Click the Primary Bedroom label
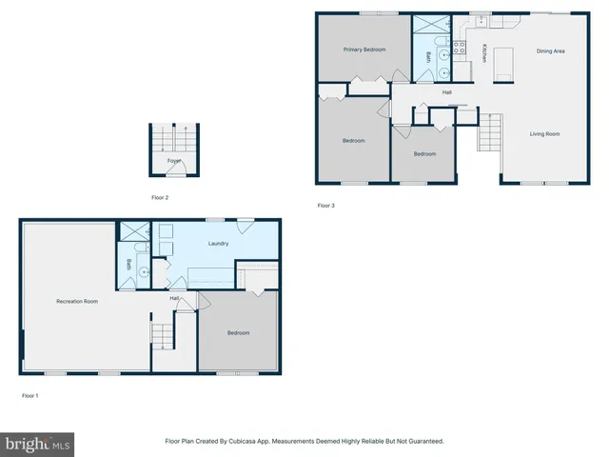pyautogui.click(x=364, y=49)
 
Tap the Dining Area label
pyautogui.click(x=551, y=50)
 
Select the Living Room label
pyautogui.click(x=544, y=134)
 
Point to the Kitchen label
pyautogui.click(x=484, y=53)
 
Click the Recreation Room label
pyautogui.click(x=77, y=301)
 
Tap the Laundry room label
pyautogui.click(x=218, y=244)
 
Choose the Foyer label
pyautogui.click(x=174, y=161)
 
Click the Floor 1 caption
pyautogui.click(x=30, y=394)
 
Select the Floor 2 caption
pyautogui.click(x=160, y=197)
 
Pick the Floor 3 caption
pyautogui.click(x=325, y=205)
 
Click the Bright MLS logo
pyautogui.click(x=38, y=444)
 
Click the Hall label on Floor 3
pyautogui.click(x=446, y=92)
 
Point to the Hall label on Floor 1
pyautogui.click(x=175, y=299)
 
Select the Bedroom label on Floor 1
pyautogui.click(x=238, y=332)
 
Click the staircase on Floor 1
pyautogui.click(x=163, y=336)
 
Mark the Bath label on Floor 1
pyautogui.click(x=128, y=264)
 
